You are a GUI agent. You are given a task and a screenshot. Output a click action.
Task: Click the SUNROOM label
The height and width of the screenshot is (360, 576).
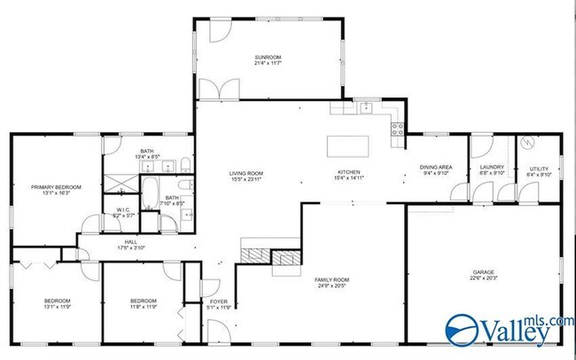[268, 59]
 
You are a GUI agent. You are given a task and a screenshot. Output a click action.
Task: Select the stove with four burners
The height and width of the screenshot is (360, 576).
[398, 129]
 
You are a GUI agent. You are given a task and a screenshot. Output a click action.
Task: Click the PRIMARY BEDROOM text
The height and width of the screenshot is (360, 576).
[57, 187]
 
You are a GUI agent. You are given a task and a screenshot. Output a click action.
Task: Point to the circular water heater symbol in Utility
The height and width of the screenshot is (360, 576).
[526, 142]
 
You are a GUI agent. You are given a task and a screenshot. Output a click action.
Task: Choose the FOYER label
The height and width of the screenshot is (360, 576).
[218, 302]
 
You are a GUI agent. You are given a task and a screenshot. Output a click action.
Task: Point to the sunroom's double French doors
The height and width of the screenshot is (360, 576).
[218, 90]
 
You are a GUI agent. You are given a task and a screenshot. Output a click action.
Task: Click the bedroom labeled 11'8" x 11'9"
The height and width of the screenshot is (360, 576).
[142, 305]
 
